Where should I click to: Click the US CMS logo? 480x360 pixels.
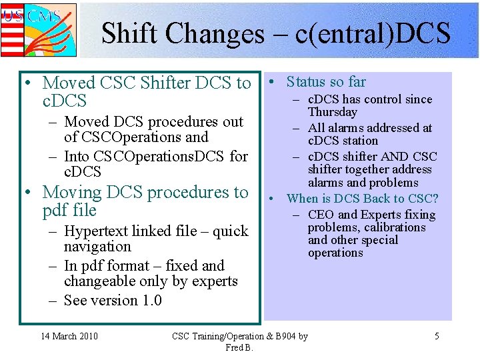[38, 29]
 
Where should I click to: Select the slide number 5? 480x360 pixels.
[437, 336]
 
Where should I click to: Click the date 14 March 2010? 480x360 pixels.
[69, 336]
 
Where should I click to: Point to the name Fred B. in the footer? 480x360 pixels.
[239, 347]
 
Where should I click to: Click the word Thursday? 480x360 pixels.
[333, 112]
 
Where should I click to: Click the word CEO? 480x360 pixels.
[321, 215]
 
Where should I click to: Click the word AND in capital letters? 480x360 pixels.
[389, 157]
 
